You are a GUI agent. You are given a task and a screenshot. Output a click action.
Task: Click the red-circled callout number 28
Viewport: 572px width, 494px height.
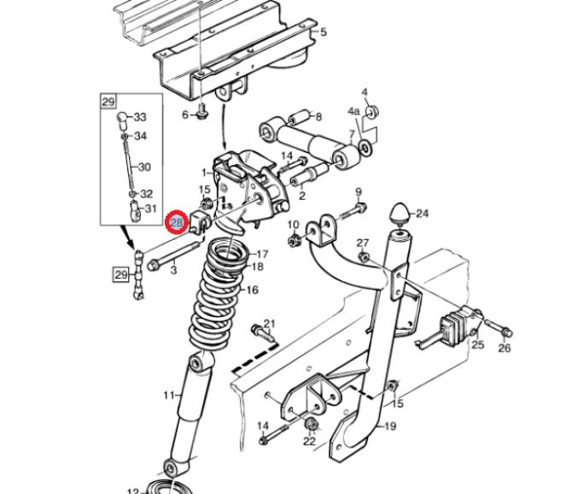click(177, 221)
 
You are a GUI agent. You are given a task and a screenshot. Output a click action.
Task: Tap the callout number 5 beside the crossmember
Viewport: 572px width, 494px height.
click(324, 32)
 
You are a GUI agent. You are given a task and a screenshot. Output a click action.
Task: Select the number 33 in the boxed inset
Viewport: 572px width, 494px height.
click(140, 117)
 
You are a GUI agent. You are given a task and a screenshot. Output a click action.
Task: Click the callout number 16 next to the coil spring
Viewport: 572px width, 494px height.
click(252, 290)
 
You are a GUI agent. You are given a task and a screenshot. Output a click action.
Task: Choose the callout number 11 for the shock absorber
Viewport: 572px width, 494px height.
click(169, 395)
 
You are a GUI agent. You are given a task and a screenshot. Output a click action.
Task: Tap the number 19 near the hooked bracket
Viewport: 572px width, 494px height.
click(390, 426)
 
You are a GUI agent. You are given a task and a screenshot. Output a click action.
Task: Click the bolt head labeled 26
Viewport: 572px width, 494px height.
click(507, 332)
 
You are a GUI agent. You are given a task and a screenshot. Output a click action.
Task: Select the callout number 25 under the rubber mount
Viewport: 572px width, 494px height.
click(478, 344)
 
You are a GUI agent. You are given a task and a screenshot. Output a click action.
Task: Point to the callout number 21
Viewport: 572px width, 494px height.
click(269, 323)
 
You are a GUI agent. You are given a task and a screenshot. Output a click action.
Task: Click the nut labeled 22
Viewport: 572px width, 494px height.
click(311, 424)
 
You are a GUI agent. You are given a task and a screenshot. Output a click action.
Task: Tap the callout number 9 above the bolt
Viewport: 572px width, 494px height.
click(359, 191)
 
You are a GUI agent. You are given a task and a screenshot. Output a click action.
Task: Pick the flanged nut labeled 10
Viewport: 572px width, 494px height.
click(292, 241)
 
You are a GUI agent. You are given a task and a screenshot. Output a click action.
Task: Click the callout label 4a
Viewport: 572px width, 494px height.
click(353, 110)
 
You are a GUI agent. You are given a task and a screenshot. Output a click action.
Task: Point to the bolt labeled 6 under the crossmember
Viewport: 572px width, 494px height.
click(201, 113)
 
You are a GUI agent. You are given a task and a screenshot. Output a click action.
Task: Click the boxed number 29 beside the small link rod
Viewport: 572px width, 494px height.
click(121, 273)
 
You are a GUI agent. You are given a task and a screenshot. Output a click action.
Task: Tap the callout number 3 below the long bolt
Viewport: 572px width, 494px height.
click(173, 271)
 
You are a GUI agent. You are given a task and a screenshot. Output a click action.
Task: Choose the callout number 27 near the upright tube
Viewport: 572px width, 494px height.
click(363, 243)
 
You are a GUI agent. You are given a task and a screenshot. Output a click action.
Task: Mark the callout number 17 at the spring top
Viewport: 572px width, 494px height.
click(262, 254)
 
